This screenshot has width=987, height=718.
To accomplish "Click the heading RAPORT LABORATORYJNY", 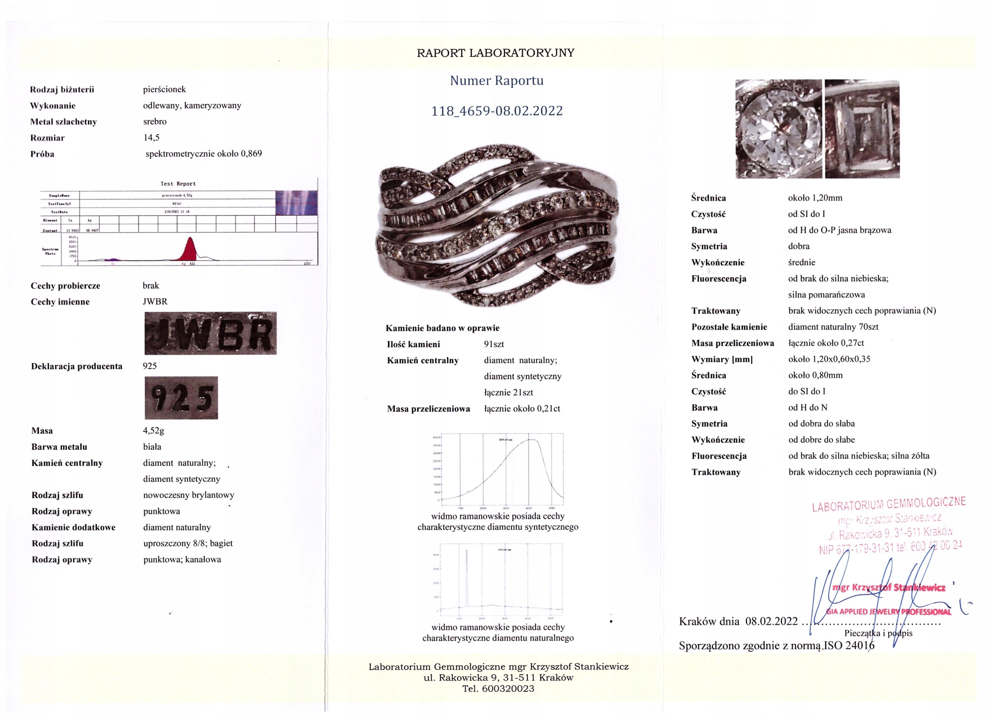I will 495,53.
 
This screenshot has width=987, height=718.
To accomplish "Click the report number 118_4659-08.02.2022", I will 497,111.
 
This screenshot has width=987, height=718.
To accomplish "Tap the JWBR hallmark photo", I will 210,333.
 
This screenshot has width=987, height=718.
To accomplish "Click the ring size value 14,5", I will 152,138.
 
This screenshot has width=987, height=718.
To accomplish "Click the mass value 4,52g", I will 153,431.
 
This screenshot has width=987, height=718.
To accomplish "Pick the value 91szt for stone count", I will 494,345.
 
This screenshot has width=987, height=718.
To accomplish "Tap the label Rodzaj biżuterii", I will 62,90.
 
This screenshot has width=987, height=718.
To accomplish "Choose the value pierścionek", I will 165,89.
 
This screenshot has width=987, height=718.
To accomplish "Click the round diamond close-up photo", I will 778,129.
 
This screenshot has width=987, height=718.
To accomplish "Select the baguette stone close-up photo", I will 862,129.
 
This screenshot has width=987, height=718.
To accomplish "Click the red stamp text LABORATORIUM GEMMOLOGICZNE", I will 889,504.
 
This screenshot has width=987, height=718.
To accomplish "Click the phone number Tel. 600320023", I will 498,689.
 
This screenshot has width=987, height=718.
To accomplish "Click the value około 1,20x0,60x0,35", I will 829,359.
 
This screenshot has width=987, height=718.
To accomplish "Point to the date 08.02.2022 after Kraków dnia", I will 771,621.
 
